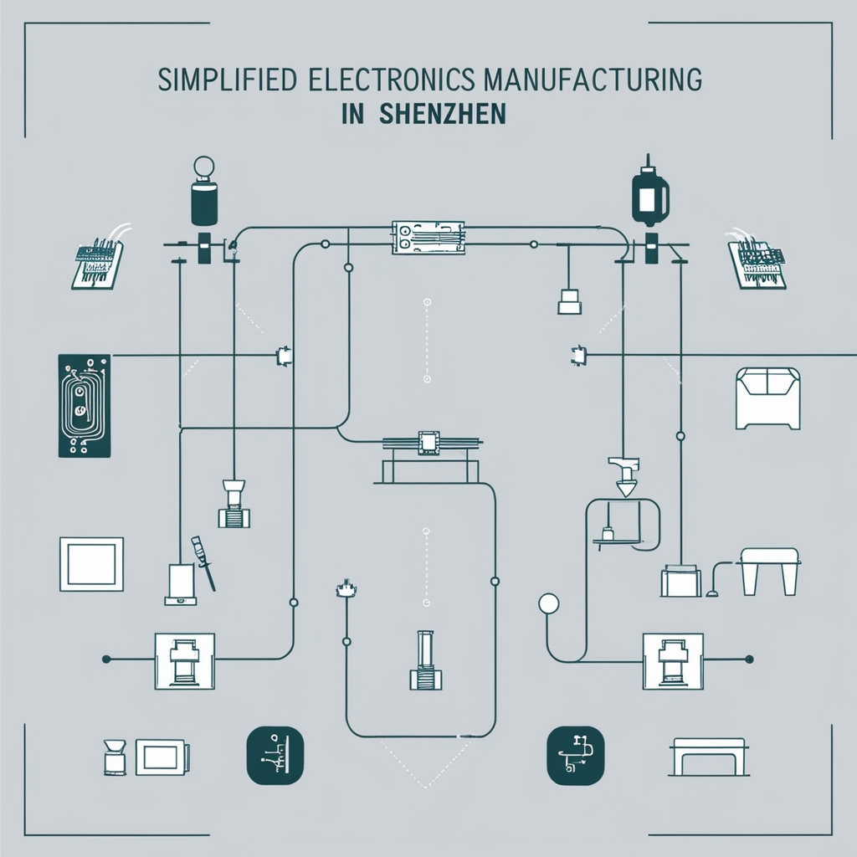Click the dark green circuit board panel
pos(84,406)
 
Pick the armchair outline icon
pos(767,398)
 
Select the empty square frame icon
pos(91,564)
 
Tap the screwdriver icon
pos(203,562)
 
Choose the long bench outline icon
pos(709,756)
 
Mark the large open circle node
pos(548,603)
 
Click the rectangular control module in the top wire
pos(428,238)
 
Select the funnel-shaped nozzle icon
pos(624,474)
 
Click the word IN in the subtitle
pos(352,114)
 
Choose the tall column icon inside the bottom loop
pos(425,660)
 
